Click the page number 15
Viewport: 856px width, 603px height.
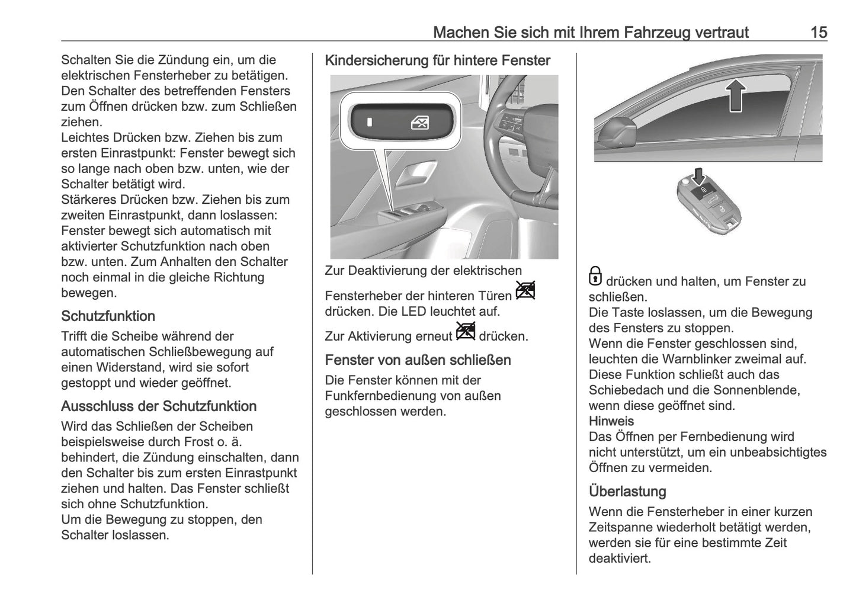819,32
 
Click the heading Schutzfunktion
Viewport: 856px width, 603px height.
108,316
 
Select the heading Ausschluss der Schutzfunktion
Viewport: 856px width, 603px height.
159,406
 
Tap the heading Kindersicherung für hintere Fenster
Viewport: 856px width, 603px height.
438,60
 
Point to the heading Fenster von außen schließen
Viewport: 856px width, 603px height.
418,360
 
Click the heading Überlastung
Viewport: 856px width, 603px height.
627,492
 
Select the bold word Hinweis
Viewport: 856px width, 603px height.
611,421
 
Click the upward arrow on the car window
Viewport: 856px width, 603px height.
735,95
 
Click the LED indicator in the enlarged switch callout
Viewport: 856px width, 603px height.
369,123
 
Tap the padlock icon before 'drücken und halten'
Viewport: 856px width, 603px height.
595,277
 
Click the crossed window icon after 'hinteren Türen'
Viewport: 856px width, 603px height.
525,290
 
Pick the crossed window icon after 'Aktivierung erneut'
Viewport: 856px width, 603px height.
466,331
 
